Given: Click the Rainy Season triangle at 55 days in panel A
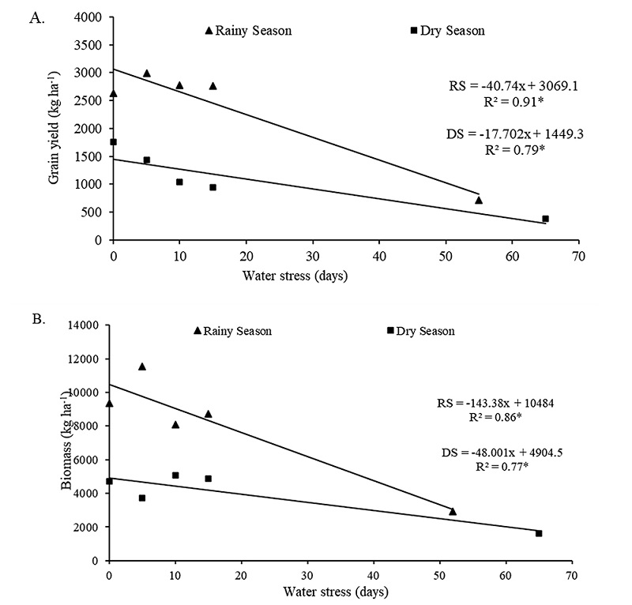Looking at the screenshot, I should [x=479, y=200].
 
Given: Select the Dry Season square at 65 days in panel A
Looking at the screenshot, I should [x=545, y=219].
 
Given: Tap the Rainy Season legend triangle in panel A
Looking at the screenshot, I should [x=209, y=30].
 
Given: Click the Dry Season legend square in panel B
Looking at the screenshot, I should [x=390, y=330].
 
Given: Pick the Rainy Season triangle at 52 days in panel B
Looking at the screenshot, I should [x=453, y=511].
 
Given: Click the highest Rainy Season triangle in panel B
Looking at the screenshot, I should [x=142, y=366].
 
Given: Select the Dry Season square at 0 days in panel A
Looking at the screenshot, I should [x=113, y=142].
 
